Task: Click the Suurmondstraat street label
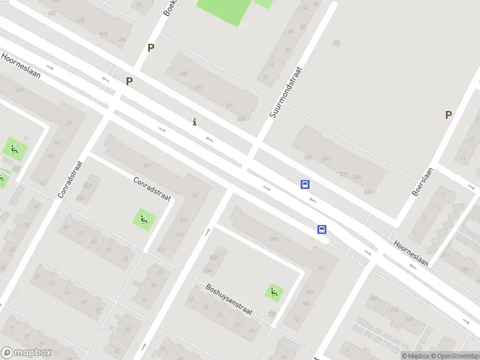pos(284,92)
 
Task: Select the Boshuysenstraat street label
pos(229,300)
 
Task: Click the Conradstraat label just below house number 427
pos(152,189)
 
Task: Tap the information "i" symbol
pos(194,122)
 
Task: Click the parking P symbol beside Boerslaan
pos(448,115)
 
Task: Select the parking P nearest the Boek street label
pos(151,48)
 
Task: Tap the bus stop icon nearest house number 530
pos(305,185)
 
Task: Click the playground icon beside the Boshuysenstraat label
pos(274,292)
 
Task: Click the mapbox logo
pos(26,353)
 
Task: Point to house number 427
pos(146,165)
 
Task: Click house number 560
pos(368,192)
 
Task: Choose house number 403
pos(20,90)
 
